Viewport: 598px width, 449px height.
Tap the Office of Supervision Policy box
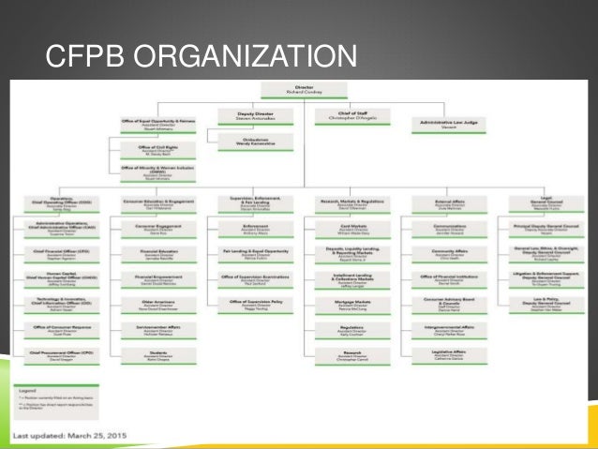(248, 304)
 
